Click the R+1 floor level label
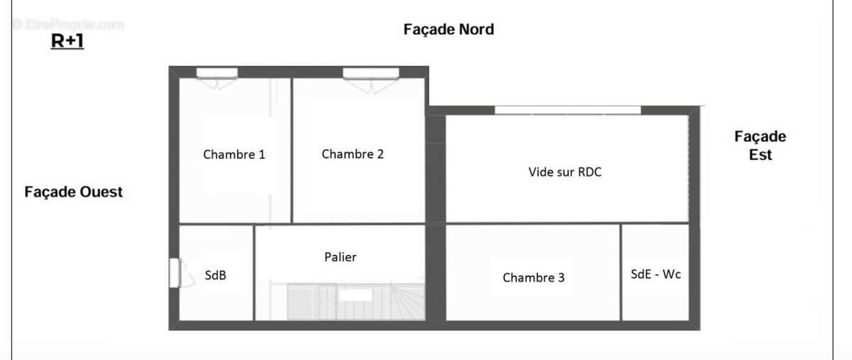[x=67, y=41]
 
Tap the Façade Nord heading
[x=448, y=29]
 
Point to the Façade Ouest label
[x=73, y=192]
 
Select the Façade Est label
[x=760, y=146]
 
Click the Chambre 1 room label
[x=234, y=154]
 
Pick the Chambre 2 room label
[x=352, y=154]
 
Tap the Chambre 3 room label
[x=533, y=278]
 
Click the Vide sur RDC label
[x=564, y=172]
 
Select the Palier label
[x=340, y=257]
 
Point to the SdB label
[x=215, y=276]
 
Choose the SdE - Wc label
[x=655, y=273]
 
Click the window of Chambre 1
[x=217, y=72]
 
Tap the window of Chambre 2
[x=371, y=72]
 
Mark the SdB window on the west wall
[x=174, y=273]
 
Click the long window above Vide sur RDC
[x=567, y=110]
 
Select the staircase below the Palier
[x=355, y=302]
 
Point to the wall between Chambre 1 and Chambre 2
[x=292, y=149]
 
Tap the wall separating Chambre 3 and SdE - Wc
[x=621, y=272]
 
